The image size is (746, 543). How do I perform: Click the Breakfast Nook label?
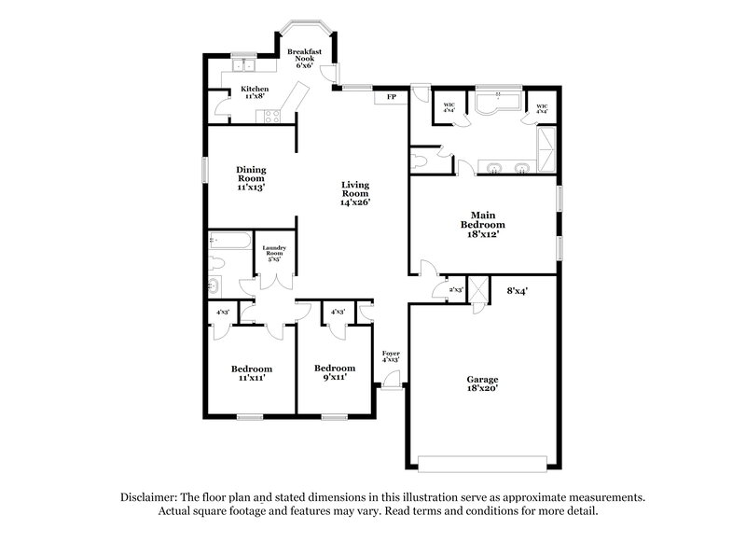pyautogui.click(x=305, y=58)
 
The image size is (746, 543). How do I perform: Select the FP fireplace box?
pyautogui.click(x=391, y=96)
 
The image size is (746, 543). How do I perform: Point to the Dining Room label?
pyautogui.click(x=251, y=177)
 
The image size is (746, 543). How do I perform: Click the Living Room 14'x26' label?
pyautogui.click(x=356, y=193)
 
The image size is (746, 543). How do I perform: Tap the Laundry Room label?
pyautogui.click(x=275, y=254)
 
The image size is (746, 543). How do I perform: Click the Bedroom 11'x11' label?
pyautogui.click(x=252, y=373)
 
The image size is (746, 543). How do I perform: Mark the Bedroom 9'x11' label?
pyautogui.click(x=334, y=373)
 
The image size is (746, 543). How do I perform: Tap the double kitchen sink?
pyautogui.click(x=244, y=65)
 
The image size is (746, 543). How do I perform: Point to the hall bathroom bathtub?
pyautogui.click(x=228, y=241)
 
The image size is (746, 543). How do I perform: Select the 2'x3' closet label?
pyautogui.click(x=456, y=290)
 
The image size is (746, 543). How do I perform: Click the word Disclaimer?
pyautogui.click(x=150, y=497)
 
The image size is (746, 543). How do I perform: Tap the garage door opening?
pyautogui.click(x=482, y=464)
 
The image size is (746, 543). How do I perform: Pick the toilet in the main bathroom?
pyautogui.click(x=421, y=161)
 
